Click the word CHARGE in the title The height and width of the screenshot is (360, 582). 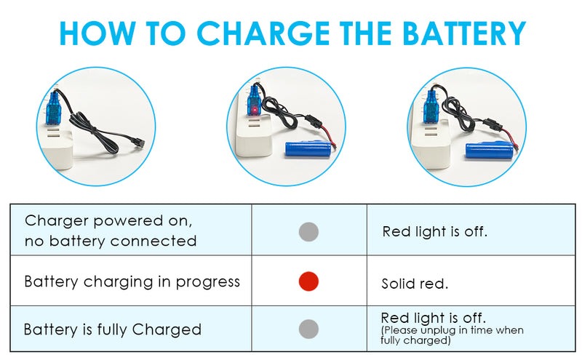[263, 33]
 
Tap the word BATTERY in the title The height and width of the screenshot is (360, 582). [464, 33]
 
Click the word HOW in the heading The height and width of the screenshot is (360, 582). [97, 33]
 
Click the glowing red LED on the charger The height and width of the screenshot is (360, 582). [255, 111]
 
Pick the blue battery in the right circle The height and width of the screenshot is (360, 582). [490, 151]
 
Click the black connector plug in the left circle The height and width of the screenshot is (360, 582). [139, 145]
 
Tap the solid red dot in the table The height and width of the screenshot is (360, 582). [308, 281]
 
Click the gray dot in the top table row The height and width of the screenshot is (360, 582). [308, 232]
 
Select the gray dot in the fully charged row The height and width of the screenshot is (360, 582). [308, 329]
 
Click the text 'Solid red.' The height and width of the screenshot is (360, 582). [415, 284]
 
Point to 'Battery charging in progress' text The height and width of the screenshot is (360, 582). [132, 281]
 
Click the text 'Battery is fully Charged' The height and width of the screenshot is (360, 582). [113, 329]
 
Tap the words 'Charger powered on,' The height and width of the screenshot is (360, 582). [108, 221]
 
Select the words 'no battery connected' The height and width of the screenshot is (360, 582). [111, 241]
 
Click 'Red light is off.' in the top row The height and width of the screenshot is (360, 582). [434, 232]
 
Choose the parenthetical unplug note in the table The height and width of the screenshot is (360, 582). [452, 335]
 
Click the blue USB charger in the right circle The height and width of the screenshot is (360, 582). [431, 108]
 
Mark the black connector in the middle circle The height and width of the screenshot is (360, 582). [311, 121]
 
